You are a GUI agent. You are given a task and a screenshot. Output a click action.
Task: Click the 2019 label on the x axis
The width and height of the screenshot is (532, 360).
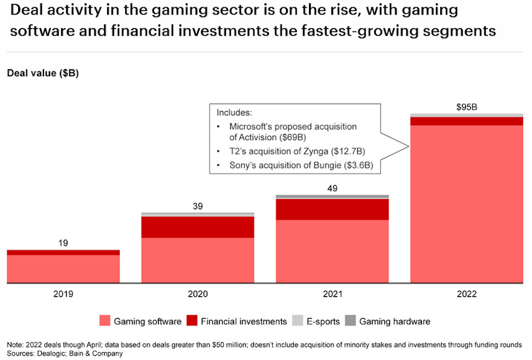click(x=63, y=295)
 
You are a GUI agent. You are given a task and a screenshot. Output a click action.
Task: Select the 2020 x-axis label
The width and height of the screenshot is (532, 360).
click(x=198, y=295)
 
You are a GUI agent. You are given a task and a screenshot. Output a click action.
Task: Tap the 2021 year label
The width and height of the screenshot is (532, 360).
click(x=332, y=295)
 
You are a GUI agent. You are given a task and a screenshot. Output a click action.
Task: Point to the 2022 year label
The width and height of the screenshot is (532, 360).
click(x=467, y=295)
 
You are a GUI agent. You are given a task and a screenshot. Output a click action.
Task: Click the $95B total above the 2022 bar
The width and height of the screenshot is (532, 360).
click(x=467, y=107)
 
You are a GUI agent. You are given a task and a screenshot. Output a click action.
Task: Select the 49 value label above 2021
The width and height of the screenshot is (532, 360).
click(x=332, y=188)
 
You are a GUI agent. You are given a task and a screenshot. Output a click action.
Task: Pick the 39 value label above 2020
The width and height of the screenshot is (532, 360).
click(x=198, y=206)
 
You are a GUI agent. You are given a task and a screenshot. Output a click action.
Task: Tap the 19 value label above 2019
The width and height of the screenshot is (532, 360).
click(x=63, y=243)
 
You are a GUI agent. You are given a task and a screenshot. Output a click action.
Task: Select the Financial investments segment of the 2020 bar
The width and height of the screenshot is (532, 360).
click(x=198, y=227)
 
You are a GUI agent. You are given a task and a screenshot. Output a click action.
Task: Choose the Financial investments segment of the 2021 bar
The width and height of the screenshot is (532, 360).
click(x=332, y=209)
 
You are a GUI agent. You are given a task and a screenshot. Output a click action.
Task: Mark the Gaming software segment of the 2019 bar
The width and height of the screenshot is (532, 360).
click(x=63, y=269)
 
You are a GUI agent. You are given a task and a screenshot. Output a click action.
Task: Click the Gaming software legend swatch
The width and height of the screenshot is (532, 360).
click(x=104, y=321)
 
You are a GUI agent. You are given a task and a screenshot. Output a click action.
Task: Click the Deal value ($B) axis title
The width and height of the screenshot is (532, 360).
click(x=43, y=73)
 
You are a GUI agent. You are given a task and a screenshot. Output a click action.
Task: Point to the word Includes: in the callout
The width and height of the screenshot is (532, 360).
click(x=235, y=113)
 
